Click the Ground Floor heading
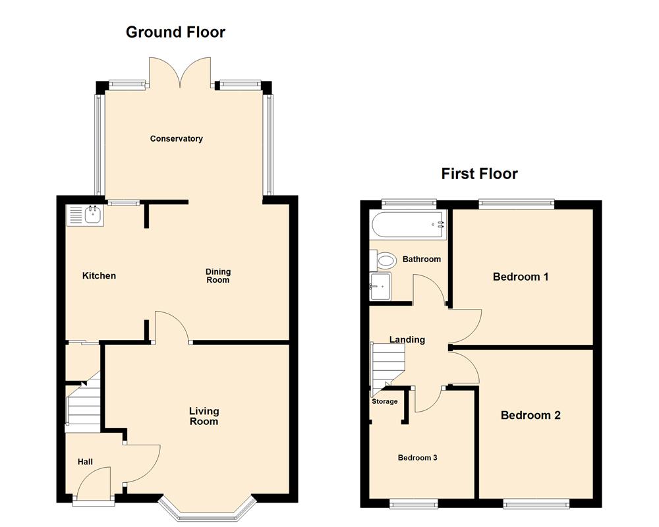(175, 32)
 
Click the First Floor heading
(479, 174)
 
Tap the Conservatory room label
(176, 139)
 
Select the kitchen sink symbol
(84, 215)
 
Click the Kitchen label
(99, 275)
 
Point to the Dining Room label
(218, 275)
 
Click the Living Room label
(204, 416)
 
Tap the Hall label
(86, 462)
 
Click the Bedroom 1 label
(521, 277)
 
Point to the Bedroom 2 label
(530, 415)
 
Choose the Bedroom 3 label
(417, 458)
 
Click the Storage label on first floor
(385, 401)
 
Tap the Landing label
(407, 340)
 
